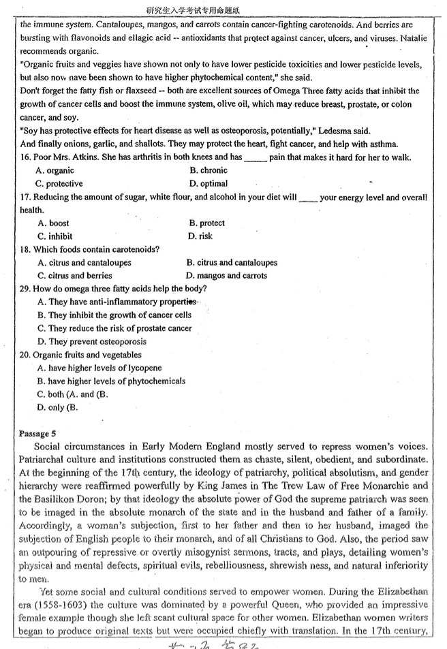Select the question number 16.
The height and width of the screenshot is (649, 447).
pyautogui.click(x=26, y=157)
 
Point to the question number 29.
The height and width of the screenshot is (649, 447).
pyautogui.click(x=26, y=289)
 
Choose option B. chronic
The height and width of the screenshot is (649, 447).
pyautogui.click(x=209, y=170)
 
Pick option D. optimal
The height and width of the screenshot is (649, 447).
pyautogui.click(x=209, y=183)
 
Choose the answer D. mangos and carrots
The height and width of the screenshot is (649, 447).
pyautogui.click(x=226, y=276)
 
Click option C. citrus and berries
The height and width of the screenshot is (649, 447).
pyautogui.click(x=76, y=276)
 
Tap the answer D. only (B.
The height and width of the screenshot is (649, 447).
pyautogui.click(x=58, y=407)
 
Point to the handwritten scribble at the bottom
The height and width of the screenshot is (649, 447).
pyautogui.click(x=218, y=642)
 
